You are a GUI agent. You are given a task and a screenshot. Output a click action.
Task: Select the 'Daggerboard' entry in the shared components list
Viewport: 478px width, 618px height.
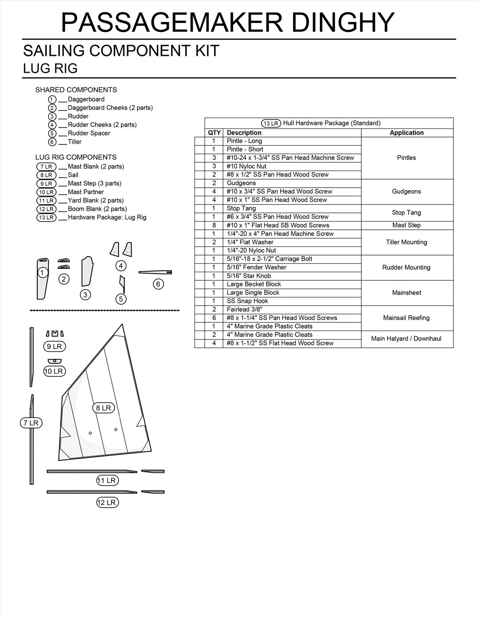click(86, 99)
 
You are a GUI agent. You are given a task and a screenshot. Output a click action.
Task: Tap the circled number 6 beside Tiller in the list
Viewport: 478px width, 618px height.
click(53, 142)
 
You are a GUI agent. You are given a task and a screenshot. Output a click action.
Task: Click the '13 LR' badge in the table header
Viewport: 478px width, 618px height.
click(271, 123)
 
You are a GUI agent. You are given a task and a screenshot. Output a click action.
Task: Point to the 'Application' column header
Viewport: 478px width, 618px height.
click(406, 133)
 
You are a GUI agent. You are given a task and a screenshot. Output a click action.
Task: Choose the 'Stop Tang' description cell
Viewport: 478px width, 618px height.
click(241, 208)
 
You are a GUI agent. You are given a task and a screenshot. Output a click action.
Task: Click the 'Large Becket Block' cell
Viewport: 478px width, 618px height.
click(254, 284)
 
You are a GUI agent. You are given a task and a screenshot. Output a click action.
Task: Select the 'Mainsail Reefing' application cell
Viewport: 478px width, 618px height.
click(406, 318)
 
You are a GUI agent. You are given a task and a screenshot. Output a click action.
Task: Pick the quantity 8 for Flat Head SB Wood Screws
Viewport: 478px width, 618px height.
click(214, 225)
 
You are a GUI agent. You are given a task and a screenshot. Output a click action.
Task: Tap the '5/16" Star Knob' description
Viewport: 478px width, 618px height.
click(249, 276)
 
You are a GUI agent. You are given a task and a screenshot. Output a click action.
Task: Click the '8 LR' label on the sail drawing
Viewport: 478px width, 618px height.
click(103, 408)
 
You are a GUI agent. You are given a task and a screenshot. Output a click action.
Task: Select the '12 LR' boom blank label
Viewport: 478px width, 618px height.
click(107, 502)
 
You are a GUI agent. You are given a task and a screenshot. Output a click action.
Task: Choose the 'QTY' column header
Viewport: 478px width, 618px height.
click(214, 133)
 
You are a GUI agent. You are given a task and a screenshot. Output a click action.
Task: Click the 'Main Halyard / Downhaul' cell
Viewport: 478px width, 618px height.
click(406, 339)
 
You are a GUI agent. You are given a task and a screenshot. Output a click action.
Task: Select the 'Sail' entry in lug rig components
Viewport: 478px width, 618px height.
click(73, 175)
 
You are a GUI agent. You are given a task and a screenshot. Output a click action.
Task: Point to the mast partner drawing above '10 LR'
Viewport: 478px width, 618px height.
click(54, 361)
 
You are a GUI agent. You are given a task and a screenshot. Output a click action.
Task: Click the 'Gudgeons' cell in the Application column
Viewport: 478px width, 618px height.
click(406, 192)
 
